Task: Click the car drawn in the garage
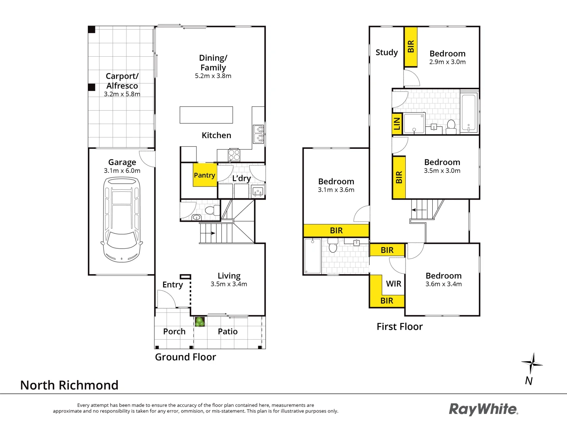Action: click(x=122, y=220)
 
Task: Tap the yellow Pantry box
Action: click(x=204, y=175)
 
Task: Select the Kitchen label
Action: click(x=216, y=135)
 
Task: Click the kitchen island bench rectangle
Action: click(x=206, y=115)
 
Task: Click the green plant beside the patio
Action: click(x=200, y=322)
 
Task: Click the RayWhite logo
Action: click(x=484, y=409)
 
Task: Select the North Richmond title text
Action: click(x=69, y=385)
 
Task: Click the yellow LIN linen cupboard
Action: click(x=397, y=124)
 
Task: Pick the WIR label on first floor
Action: click(x=393, y=284)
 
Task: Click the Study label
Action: click(x=387, y=52)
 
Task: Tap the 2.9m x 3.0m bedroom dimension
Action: click(x=447, y=62)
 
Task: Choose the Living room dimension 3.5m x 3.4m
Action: click(x=229, y=284)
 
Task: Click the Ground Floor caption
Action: click(x=185, y=357)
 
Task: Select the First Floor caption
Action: click(x=400, y=327)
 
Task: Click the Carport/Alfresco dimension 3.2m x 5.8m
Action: click(x=122, y=94)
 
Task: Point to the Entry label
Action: click(x=172, y=285)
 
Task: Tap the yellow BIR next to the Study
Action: click(x=411, y=46)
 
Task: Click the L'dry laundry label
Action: click(x=241, y=178)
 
